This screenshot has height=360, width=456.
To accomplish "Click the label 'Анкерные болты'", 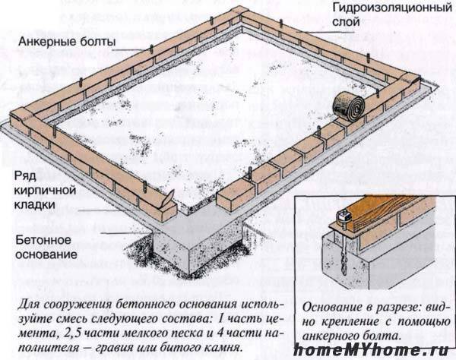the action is [67, 42].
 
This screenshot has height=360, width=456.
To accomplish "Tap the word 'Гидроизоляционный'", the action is [392, 8].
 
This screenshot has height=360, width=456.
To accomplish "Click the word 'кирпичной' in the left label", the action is [45, 191].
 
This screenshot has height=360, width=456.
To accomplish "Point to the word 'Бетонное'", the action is [43, 240].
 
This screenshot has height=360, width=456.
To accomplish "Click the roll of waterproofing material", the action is [348, 106].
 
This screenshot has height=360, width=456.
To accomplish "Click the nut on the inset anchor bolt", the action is [341, 216].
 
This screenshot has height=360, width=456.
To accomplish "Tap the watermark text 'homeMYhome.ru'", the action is [371, 350].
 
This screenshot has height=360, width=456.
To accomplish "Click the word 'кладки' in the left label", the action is [35, 204].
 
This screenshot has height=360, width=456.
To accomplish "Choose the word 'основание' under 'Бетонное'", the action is [46, 254].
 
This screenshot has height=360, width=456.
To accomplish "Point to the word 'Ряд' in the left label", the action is [25, 177].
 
